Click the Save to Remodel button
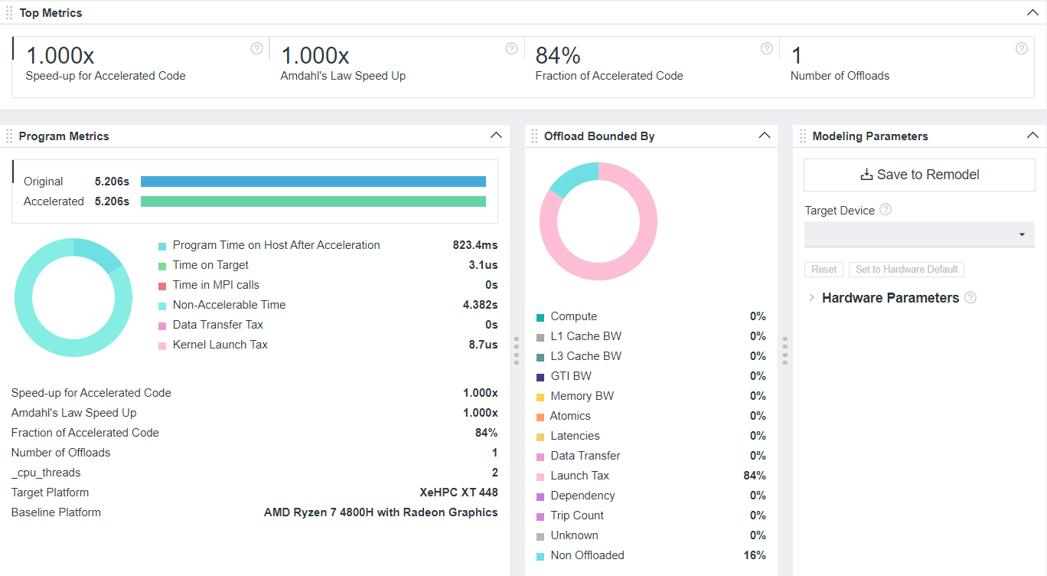(919, 175)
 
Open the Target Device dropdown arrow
(1022, 234)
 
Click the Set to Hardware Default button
(906, 270)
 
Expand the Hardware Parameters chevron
(811, 298)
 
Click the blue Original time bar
(313, 182)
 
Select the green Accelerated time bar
(313, 201)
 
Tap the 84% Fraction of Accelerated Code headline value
(558, 56)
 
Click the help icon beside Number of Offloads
(1021, 48)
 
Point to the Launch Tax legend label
(579, 476)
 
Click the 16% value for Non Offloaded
(754, 555)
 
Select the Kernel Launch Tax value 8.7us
(483, 345)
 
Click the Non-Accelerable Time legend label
(229, 305)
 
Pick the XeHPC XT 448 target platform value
(458, 493)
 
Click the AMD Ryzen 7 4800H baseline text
(380, 512)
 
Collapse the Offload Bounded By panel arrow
(764, 136)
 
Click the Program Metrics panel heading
(64, 136)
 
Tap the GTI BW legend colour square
(540, 377)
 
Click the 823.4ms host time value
(475, 245)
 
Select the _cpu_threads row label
(46, 473)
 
